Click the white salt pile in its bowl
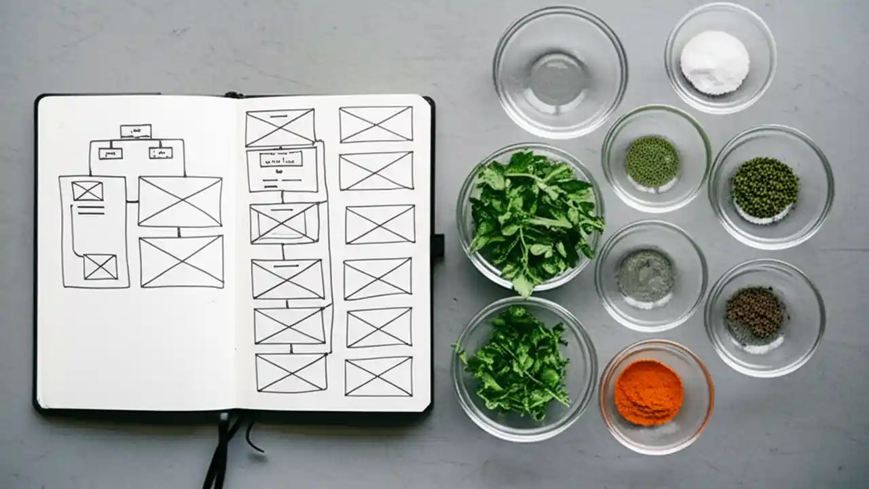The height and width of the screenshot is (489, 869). click(714, 62)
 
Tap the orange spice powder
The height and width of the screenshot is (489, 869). click(648, 393)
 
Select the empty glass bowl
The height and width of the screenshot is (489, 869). click(559, 71)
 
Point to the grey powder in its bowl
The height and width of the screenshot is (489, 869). click(645, 276)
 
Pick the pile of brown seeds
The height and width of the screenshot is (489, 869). click(754, 313)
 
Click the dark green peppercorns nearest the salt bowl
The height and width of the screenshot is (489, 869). click(764, 188)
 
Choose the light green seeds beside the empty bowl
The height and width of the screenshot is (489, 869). click(652, 161)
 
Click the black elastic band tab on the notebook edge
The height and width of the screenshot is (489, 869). click(438, 245)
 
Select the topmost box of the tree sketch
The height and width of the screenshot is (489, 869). click(136, 131)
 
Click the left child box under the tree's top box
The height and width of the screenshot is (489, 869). click(110, 153)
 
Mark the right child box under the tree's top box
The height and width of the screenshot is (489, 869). click(160, 153)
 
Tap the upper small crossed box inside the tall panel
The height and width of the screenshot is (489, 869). click(88, 192)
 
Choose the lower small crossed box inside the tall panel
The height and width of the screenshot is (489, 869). click(100, 267)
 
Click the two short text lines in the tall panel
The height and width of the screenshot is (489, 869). click(90, 211)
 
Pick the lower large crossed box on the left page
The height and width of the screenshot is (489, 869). click(181, 261)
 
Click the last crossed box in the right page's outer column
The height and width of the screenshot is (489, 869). click(378, 376)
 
